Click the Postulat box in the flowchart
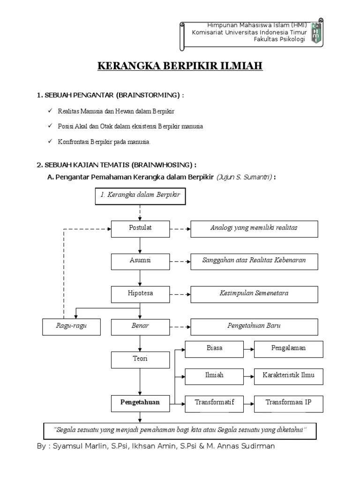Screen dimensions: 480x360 [140, 229]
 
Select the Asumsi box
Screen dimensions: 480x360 [140, 261]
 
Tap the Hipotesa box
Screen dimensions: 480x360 [140, 294]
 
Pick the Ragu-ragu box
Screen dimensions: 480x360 [72, 327]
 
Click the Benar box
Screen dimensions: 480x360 [140, 327]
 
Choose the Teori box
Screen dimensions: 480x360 [140, 360]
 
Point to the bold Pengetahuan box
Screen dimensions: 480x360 [140, 403]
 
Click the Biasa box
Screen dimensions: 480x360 [214, 349]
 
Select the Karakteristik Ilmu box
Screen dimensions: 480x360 [289, 375]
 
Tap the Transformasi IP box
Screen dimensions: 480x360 [289, 403]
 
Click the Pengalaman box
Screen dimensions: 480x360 [289, 349]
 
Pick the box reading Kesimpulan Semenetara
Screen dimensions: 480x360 [254, 294]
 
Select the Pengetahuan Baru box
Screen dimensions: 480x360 [254, 326]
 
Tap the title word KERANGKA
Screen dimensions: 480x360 [122, 66]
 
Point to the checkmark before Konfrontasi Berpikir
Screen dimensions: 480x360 [50, 141]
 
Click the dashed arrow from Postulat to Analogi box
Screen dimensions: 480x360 [180, 229]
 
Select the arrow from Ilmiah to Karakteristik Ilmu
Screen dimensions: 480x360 [249, 375]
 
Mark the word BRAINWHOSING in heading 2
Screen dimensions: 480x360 [163, 165]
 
